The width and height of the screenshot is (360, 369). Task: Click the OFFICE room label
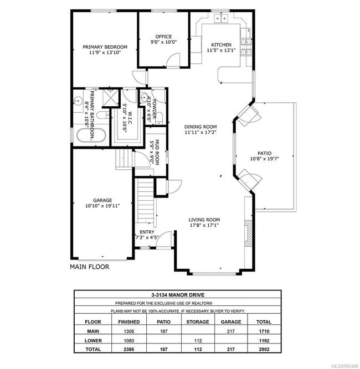163,37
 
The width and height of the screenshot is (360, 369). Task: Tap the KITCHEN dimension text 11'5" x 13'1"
221,50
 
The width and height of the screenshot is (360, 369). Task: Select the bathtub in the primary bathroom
91,136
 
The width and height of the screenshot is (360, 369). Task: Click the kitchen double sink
221,18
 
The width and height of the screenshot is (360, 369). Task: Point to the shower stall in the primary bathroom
111,98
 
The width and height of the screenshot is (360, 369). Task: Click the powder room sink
144,97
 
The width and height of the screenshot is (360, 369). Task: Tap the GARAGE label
102,200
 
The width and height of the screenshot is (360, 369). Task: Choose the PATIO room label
264,153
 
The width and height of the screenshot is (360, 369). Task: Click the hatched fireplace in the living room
248,233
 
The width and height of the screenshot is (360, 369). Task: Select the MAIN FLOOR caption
90,267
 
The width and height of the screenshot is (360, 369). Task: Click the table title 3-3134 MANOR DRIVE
178,295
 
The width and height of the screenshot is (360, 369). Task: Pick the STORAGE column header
198,321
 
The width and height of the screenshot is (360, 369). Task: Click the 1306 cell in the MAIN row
129,331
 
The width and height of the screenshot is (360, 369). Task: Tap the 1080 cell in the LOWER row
129,341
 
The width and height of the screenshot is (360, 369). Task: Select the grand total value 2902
264,350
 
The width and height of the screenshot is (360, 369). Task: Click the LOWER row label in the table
93,341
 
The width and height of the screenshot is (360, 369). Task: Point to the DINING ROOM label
200,127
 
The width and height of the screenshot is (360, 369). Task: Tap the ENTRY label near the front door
147,232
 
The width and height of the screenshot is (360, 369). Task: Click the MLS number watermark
345,366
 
